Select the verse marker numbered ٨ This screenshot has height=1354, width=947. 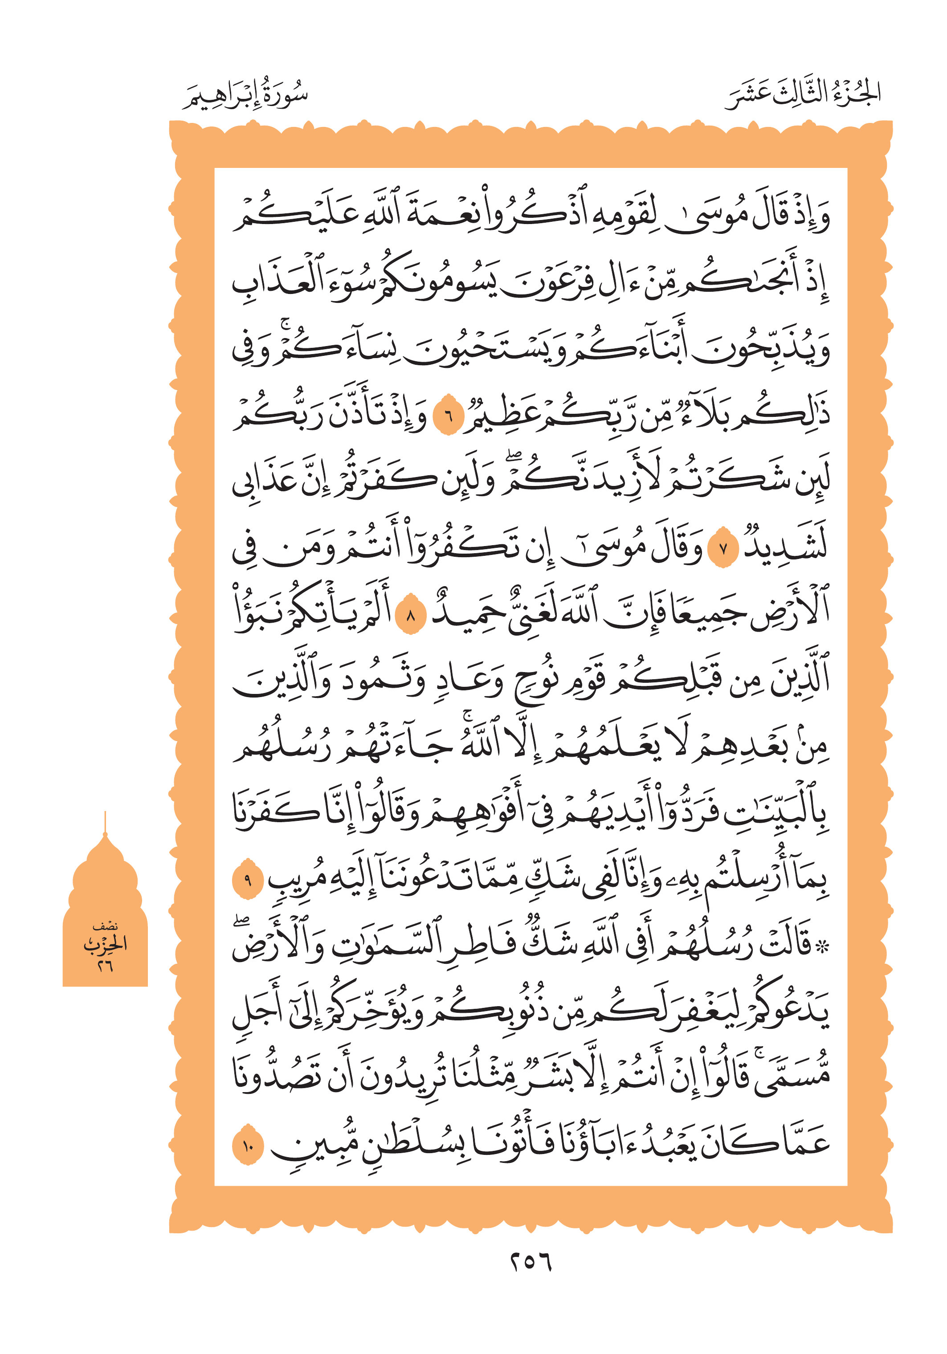(x=410, y=616)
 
